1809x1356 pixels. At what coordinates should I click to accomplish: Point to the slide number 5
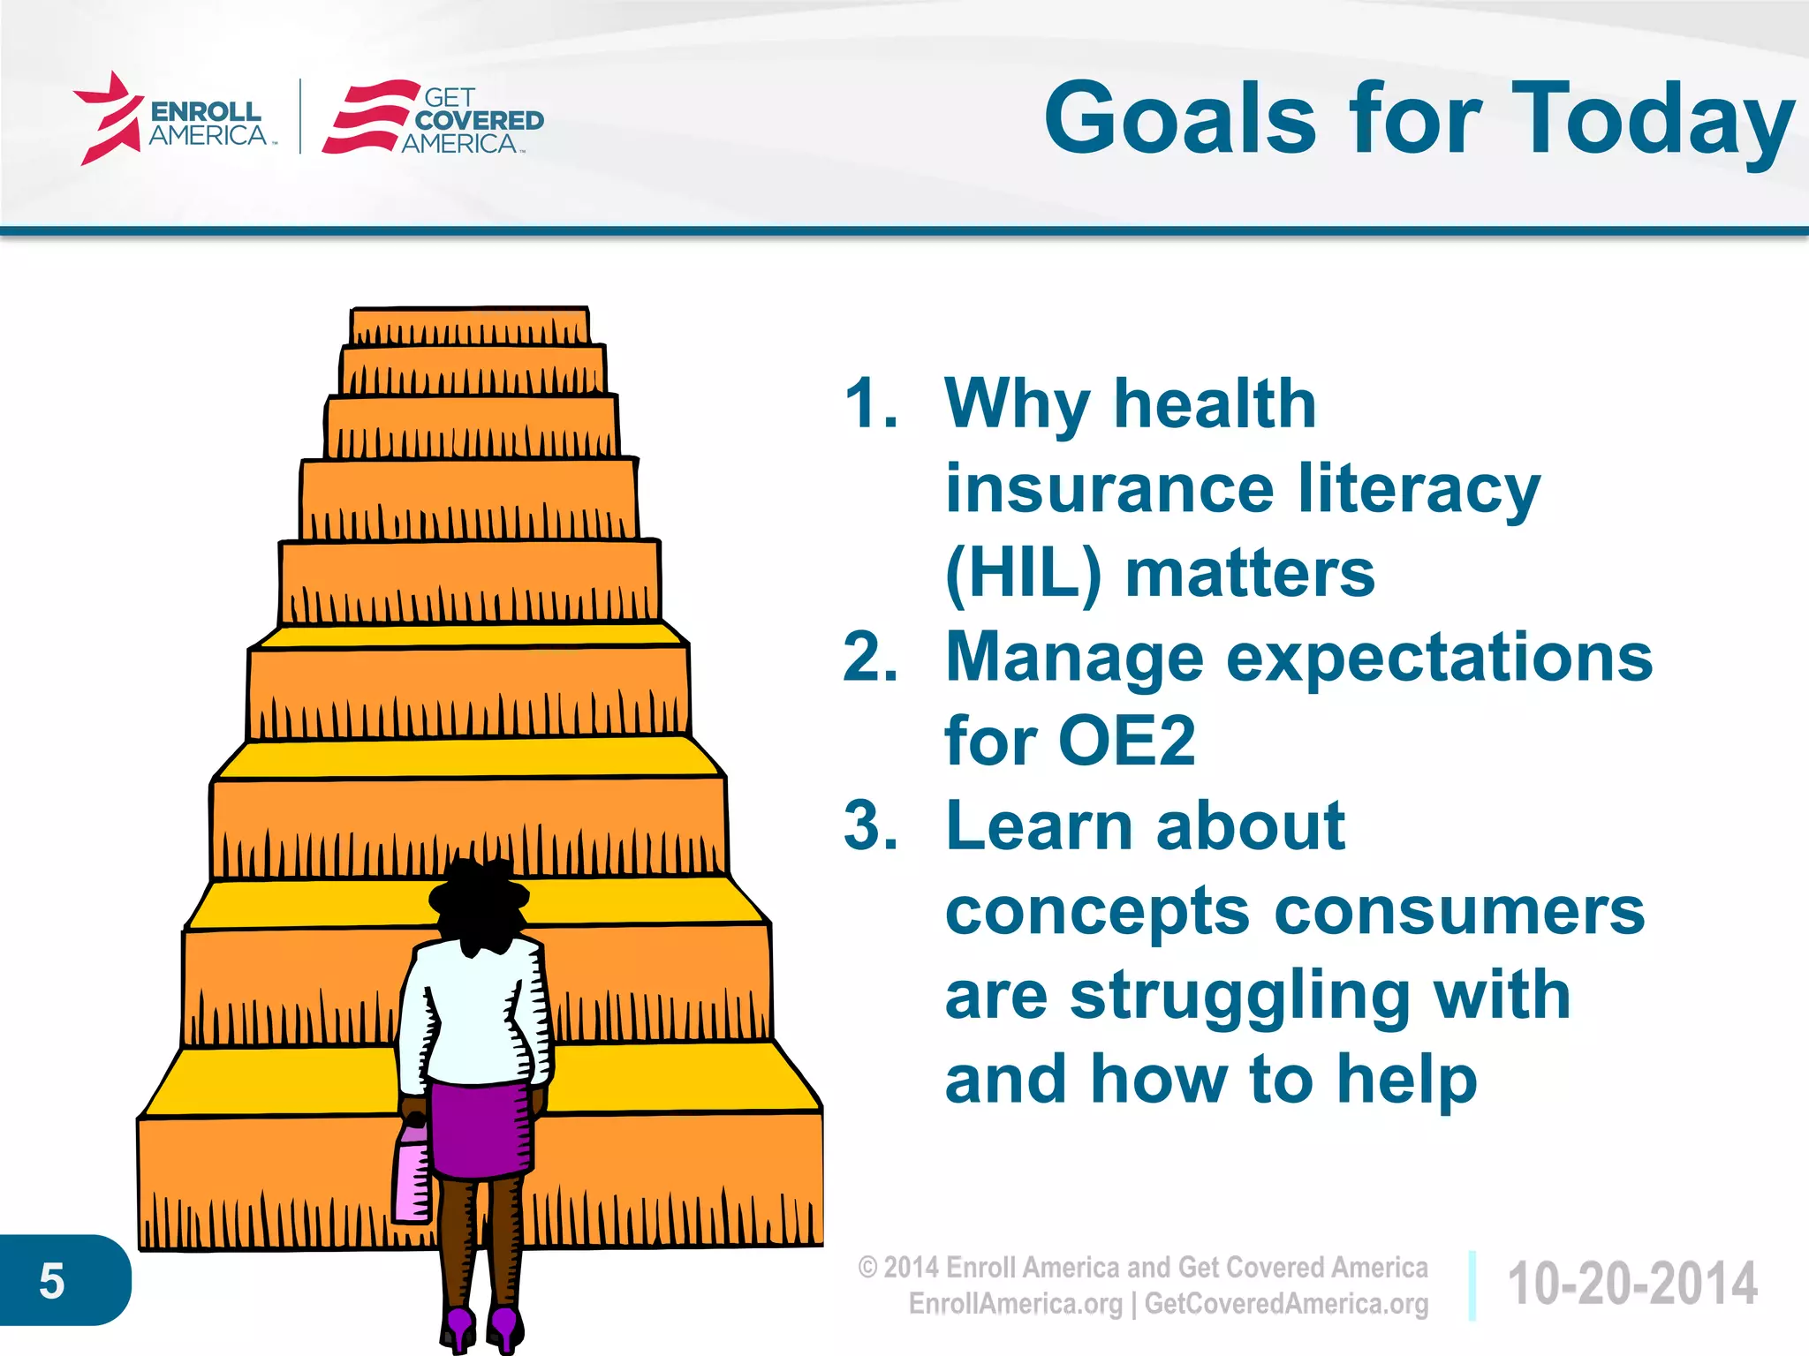click(52, 1280)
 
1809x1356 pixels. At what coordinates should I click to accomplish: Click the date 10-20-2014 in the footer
click(1632, 1284)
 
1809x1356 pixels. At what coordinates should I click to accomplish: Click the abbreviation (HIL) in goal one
click(1023, 574)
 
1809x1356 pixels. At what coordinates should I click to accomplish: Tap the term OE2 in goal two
click(1126, 742)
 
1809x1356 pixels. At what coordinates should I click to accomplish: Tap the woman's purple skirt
click(481, 1130)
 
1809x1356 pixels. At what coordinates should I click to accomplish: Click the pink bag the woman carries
click(412, 1174)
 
